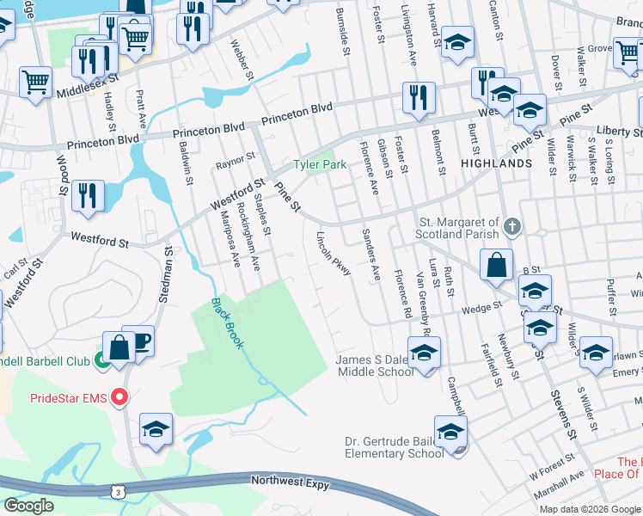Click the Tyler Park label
(x=320, y=164)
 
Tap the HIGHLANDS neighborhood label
(x=496, y=163)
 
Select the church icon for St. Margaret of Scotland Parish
(x=512, y=227)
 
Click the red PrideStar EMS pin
(x=119, y=397)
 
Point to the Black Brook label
(x=228, y=322)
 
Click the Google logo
(x=29, y=506)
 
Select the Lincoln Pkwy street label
(x=334, y=254)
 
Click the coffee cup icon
(x=139, y=340)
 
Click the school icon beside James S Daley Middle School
(x=423, y=353)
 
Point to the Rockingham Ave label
(x=248, y=236)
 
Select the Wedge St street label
(x=481, y=307)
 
